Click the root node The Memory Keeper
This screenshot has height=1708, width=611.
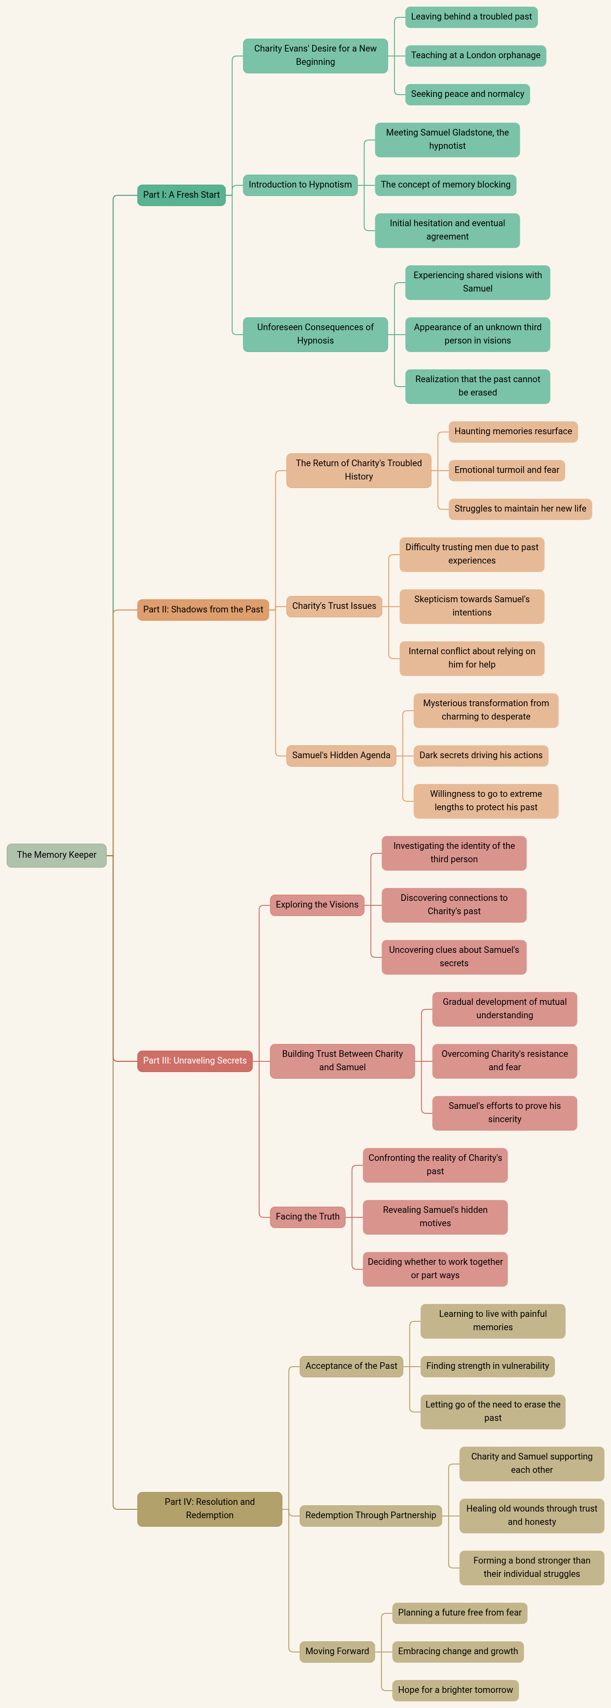(56, 855)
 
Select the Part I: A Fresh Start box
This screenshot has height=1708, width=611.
(181, 195)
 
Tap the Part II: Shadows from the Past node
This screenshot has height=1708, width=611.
(203, 609)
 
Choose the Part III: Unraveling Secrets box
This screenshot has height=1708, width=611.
(194, 1061)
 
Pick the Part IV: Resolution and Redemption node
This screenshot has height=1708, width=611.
(209, 1508)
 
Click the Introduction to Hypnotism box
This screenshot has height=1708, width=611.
(300, 185)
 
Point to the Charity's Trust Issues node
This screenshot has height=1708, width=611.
(334, 606)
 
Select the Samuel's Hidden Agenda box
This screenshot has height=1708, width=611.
(341, 755)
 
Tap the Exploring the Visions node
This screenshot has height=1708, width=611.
(317, 905)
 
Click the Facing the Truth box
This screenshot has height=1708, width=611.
(307, 1217)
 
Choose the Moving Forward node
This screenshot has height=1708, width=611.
(337, 1651)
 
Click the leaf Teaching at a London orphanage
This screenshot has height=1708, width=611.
(476, 55)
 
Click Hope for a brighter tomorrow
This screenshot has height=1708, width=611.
(455, 1690)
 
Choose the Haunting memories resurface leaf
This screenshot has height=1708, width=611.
(513, 432)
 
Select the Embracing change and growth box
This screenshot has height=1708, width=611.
(458, 1651)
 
